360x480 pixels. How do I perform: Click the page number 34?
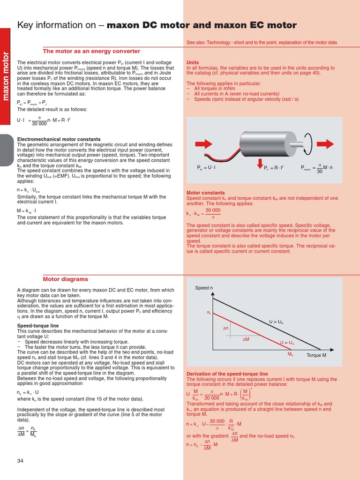(x=20, y=461)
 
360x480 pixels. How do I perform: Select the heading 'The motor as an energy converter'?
(x=91, y=51)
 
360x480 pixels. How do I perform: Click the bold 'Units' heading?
(x=193, y=62)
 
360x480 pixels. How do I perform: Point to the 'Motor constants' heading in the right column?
(x=205, y=193)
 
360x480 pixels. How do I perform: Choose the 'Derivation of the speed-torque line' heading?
(x=227, y=374)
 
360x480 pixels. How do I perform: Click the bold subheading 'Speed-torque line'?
(x=37, y=325)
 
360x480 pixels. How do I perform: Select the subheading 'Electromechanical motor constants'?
(x=59, y=139)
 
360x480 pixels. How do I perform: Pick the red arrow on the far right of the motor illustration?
(x=328, y=142)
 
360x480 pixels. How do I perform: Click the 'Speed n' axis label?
(x=204, y=288)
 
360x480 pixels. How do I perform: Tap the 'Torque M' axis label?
(x=316, y=355)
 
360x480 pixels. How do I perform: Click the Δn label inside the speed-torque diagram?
(x=225, y=329)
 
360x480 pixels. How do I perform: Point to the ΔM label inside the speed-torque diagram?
(x=246, y=338)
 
